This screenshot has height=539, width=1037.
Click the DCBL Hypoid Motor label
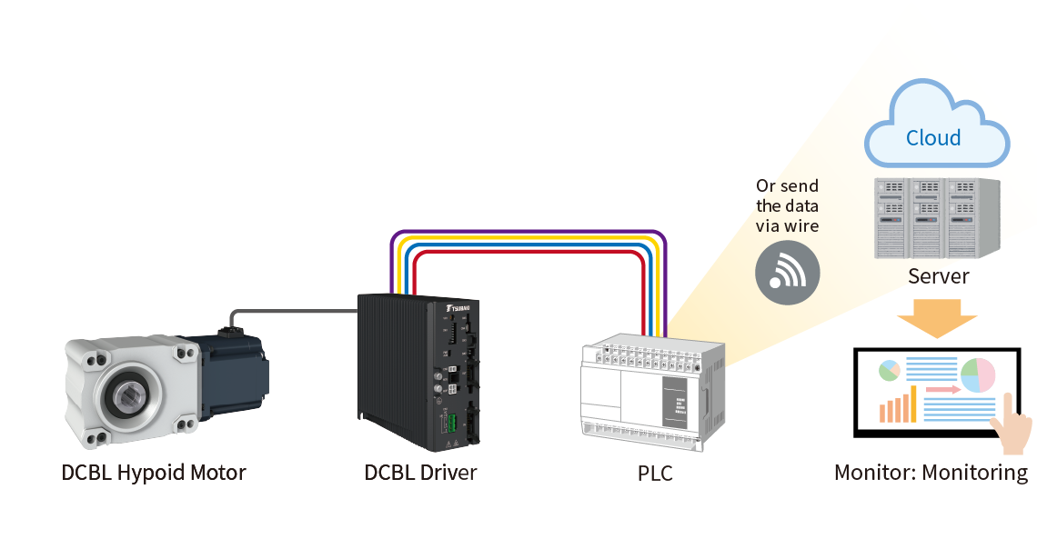click(x=153, y=473)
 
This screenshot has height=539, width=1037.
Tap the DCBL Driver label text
click(x=420, y=473)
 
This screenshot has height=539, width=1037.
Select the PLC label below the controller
click(x=655, y=474)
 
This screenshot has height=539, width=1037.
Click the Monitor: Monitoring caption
click(x=931, y=473)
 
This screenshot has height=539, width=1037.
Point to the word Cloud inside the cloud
click(x=933, y=138)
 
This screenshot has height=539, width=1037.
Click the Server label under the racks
click(x=938, y=275)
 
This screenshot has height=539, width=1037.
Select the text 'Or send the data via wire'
click(x=788, y=206)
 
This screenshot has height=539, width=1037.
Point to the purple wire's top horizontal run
click(x=528, y=234)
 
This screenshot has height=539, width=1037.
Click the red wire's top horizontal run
click(x=528, y=255)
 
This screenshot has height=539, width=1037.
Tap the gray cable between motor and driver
click(x=291, y=312)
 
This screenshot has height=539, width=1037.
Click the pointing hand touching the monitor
click(x=1012, y=427)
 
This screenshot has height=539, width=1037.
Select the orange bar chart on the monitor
click(x=897, y=406)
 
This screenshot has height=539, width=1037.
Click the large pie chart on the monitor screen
click(x=978, y=374)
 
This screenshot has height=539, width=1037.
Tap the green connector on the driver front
click(x=448, y=423)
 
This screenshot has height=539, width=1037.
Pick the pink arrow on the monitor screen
click(x=942, y=390)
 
